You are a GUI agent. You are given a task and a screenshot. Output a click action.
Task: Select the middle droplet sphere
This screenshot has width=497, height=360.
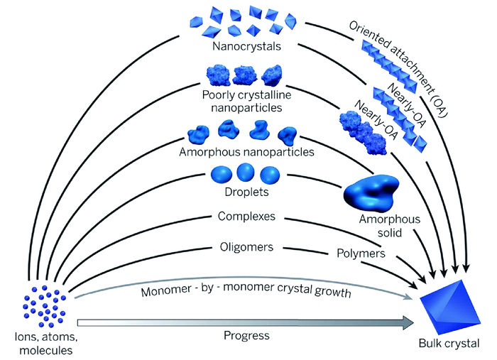pos(245,174)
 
